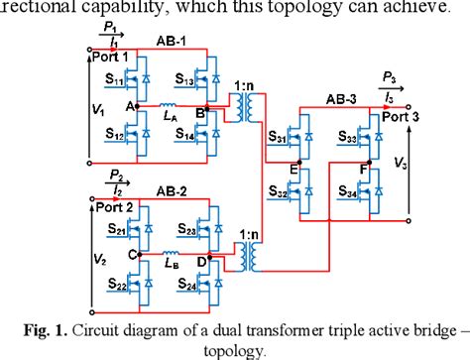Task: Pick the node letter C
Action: (131, 255)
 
